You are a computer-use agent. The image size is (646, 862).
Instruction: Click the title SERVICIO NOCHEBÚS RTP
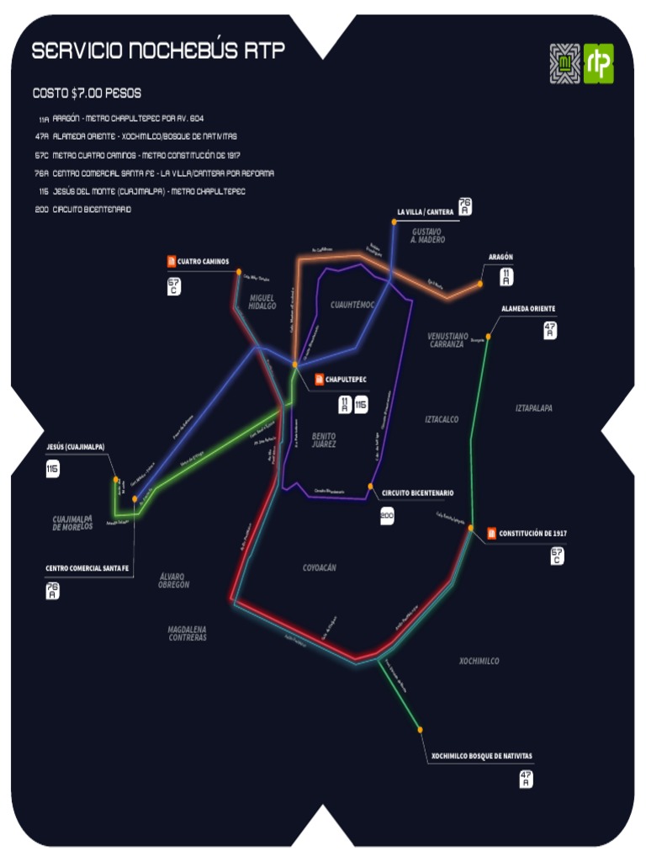click(158, 51)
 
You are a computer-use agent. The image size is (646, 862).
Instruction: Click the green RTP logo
click(599, 63)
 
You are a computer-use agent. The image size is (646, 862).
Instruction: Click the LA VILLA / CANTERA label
click(426, 211)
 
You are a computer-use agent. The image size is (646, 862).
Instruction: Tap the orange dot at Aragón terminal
click(480, 284)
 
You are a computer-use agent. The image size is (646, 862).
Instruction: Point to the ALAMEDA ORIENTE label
click(528, 309)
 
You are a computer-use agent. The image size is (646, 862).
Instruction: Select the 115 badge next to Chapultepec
click(361, 405)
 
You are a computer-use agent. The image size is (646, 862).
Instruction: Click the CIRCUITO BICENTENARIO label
click(418, 492)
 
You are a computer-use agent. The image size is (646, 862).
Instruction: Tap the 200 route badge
click(387, 516)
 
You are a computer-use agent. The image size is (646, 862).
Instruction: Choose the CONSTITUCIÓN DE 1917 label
click(532, 533)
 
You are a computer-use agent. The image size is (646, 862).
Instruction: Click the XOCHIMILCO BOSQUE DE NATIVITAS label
click(481, 756)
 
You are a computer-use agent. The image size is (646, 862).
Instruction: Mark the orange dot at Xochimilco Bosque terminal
click(420, 730)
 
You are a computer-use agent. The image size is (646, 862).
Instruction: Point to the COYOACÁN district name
click(320, 568)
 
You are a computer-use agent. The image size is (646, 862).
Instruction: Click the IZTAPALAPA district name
click(534, 408)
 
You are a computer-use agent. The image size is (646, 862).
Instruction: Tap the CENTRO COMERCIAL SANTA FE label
click(87, 568)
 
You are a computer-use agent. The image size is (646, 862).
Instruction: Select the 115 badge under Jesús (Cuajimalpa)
click(53, 469)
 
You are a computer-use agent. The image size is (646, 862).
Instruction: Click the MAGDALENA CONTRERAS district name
click(187, 633)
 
